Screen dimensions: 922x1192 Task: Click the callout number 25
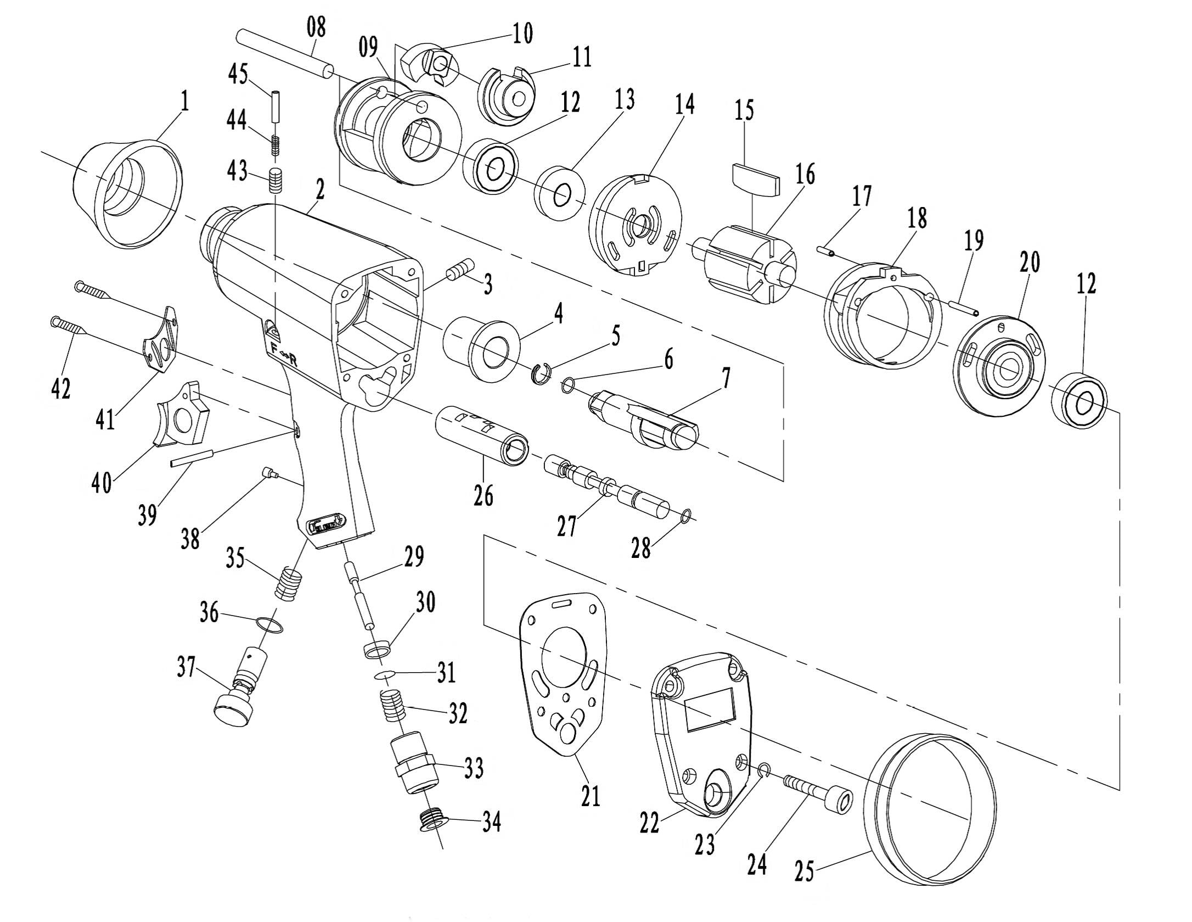coord(804,871)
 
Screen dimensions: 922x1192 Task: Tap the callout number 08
coord(317,27)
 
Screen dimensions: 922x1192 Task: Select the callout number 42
coord(61,388)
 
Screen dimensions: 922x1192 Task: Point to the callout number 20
coord(1030,262)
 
